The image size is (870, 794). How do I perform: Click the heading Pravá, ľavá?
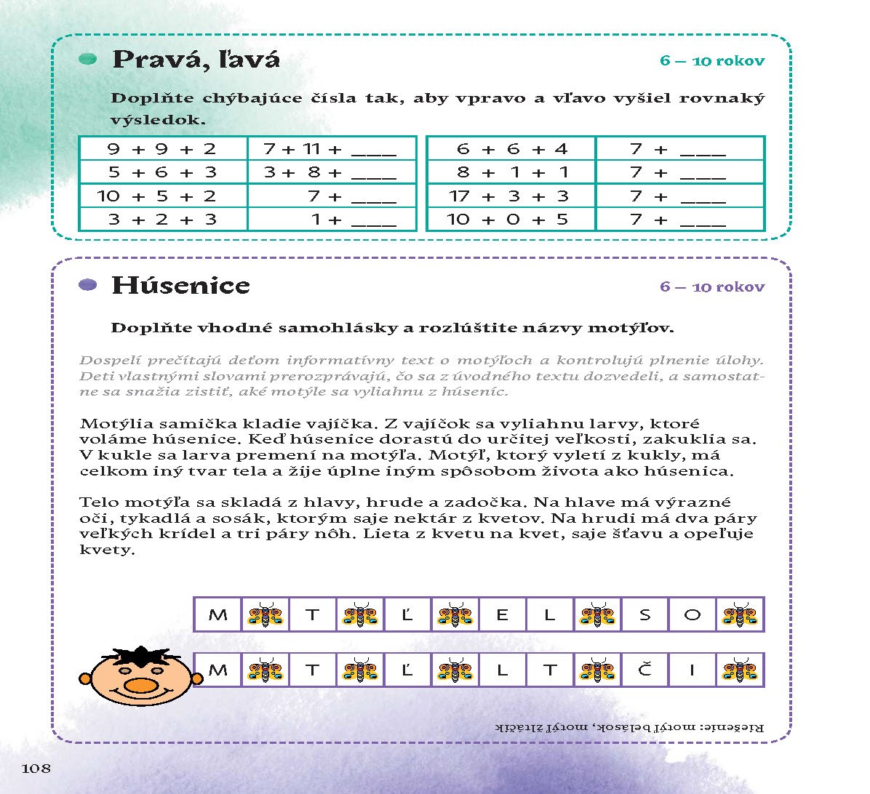click(x=196, y=60)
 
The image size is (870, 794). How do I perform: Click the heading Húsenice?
click(x=180, y=286)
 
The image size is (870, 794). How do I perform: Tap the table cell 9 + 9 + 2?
click(x=162, y=149)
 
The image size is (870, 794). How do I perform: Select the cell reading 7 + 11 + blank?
click(x=331, y=149)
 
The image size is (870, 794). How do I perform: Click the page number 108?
click(x=36, y=769)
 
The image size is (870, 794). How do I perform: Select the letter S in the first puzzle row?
click(x=644, y=615)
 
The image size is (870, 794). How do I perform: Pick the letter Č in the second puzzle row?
click(x=644, y=670)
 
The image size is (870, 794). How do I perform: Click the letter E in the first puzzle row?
click(x=502, y=615)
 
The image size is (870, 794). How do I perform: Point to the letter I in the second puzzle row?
click(x=692, y=670)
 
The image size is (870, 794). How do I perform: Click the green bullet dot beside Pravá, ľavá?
click(x=88, y=59)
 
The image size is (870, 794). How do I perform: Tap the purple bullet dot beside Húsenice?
click(x=88, y=286)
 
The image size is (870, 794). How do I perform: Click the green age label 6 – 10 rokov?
click(x=712, y=61)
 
